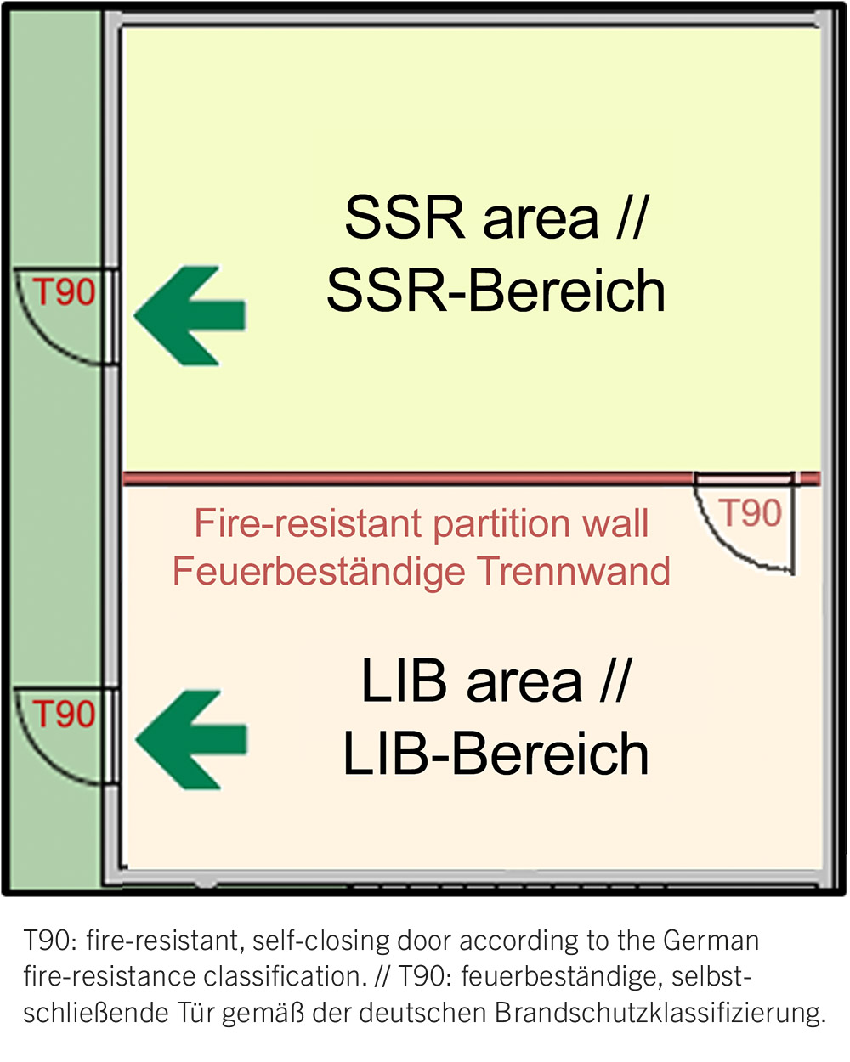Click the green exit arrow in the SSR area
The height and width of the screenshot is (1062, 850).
coord(190,316)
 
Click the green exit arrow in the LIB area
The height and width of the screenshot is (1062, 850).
coord(191,739)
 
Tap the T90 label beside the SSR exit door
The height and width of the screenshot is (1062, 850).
coord(64,292)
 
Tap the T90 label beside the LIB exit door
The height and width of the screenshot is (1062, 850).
coord(64,714)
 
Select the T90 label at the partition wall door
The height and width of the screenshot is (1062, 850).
coord(751,513)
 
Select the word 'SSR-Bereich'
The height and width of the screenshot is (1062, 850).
coord(496,290)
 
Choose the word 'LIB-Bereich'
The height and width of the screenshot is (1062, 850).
coord(496,754)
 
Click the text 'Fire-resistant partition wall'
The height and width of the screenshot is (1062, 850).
coord(422,523)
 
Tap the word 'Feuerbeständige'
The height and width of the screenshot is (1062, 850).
coord(319,572)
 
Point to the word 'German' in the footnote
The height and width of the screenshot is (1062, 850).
coord(711,941)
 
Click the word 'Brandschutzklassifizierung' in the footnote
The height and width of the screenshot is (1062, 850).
coord(660,1014)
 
